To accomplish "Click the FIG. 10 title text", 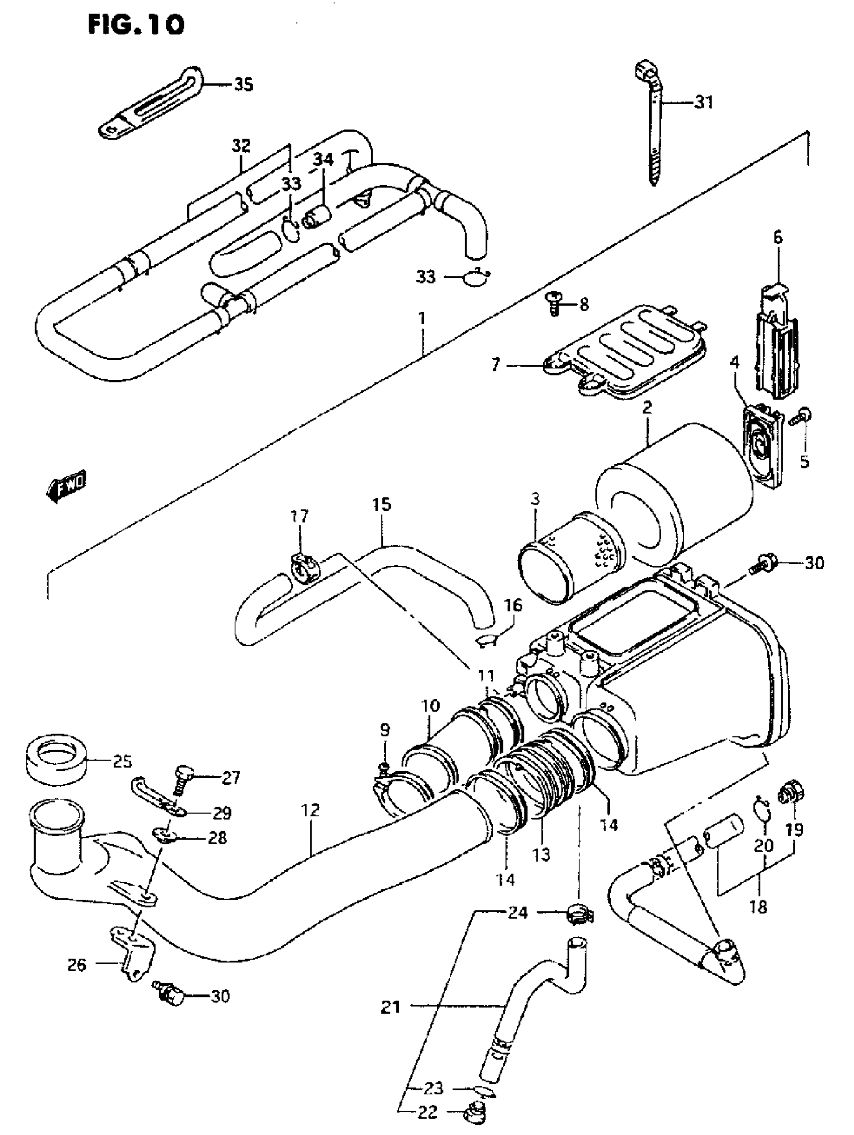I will (136, 24).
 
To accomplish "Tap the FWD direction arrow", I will (65, 485).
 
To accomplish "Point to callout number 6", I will (778, 238).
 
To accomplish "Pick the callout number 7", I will (495, 366).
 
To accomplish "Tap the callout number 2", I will (647, 408).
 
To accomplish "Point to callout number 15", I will (382, 505).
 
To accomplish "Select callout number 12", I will (311, 810).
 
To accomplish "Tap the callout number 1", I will (421, 319).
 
